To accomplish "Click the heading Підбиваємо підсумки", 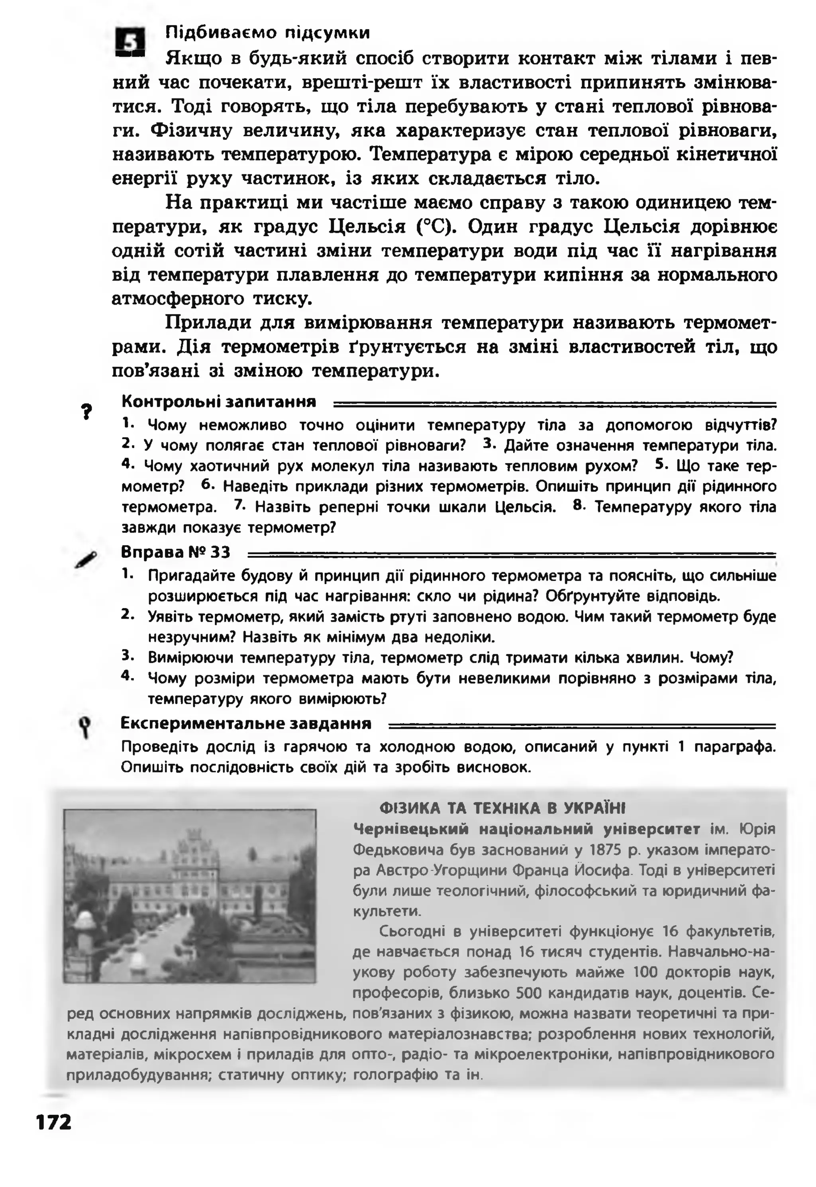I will click(x=267, y=33).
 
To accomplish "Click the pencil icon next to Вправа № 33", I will click(x=86, y=560).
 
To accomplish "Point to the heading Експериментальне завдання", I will click(x=246, y=723).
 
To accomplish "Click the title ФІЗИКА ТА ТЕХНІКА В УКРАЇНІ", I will click(x=502, y=808).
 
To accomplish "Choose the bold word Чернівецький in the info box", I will click(x=411, y=829).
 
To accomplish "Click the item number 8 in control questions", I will click(x=578, y=505).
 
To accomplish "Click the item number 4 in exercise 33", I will click(x=126, y=675).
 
